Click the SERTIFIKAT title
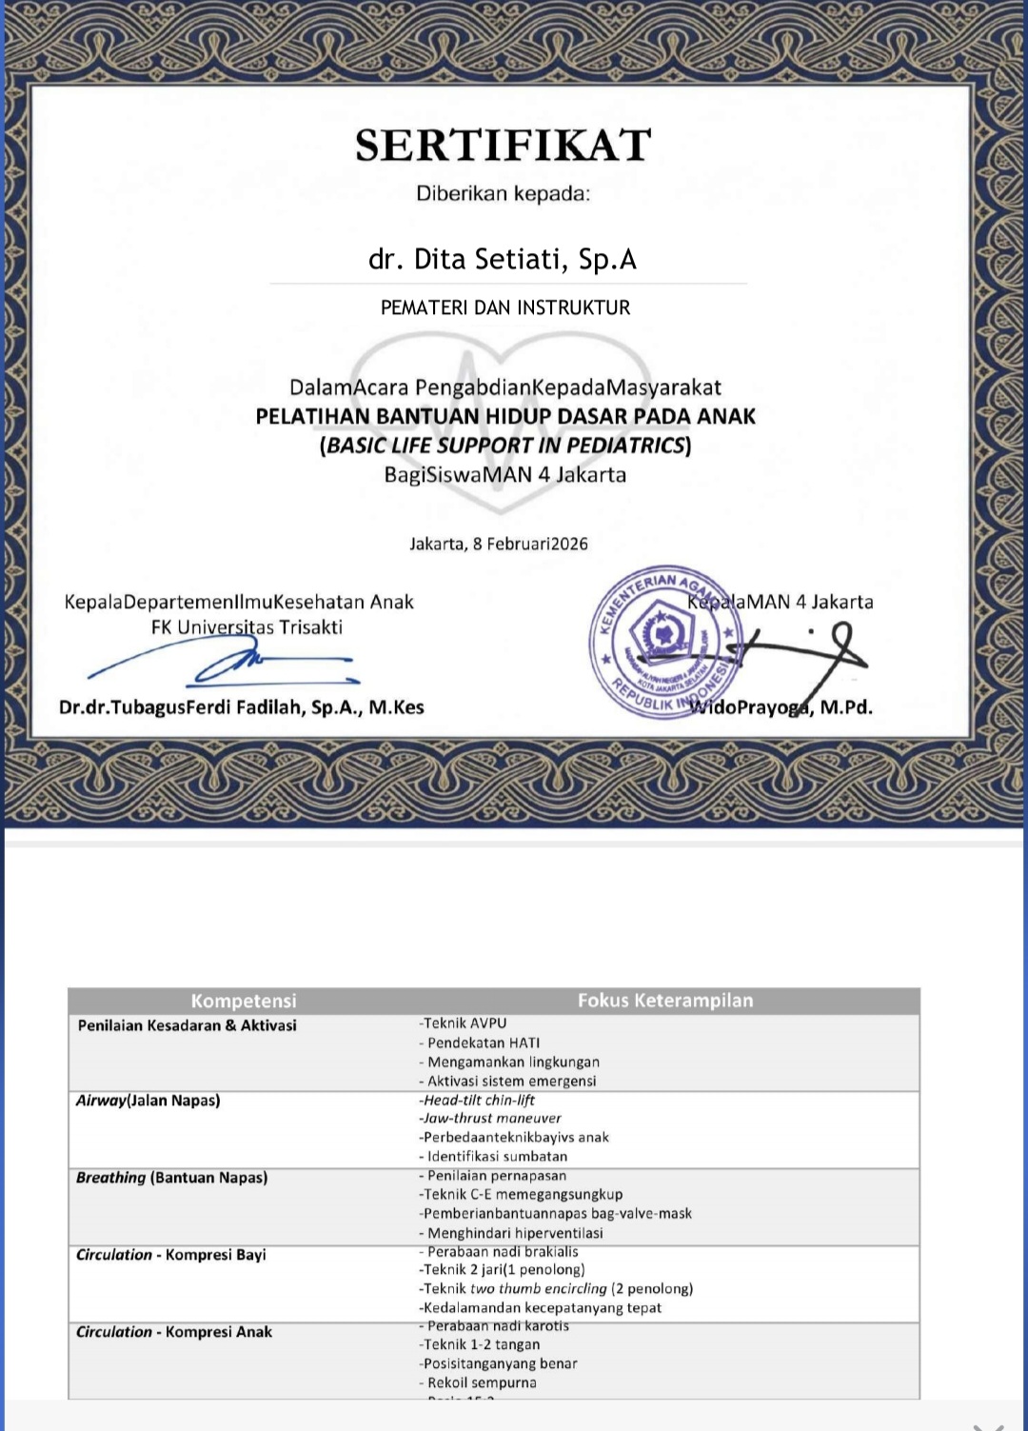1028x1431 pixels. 503,146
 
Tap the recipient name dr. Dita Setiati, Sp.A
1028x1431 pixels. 503,259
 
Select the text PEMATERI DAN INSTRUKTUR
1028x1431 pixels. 505,308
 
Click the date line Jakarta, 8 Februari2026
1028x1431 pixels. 499,544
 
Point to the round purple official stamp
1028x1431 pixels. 662,644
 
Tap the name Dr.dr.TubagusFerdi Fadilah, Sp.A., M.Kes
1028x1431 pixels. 242,707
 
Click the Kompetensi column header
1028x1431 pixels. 244,1001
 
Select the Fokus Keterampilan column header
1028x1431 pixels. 665,1001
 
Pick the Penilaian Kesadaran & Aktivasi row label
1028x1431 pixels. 188,1025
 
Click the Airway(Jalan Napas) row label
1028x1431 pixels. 148,1101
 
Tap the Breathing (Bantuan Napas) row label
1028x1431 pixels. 172,1178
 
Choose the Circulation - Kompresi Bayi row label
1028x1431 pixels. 171,1255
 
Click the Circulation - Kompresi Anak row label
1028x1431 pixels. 174,1332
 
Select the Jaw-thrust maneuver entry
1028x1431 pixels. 492,1119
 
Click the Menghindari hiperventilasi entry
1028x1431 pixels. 512,1233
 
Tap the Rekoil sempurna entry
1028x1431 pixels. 480,1382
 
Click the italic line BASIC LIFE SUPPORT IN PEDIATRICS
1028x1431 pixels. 505,446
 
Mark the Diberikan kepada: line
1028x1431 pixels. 503,194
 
